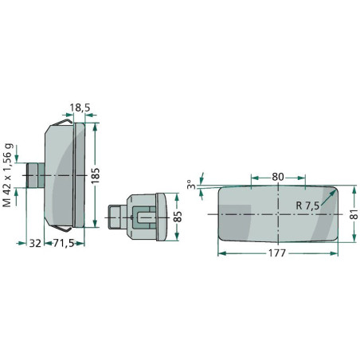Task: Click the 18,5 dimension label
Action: tap(80, 108)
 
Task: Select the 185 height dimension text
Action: tap(95, 175)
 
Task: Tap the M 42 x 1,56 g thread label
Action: tap(8, 175)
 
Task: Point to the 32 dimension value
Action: tap(35, 243)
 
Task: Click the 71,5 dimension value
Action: tap(64, 243)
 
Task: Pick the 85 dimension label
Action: tap(178, 217)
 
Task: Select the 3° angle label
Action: tap(191, 184)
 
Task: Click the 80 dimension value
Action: tap(278, 177)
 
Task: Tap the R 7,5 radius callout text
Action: tap(307, 205)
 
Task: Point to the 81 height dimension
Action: tap(354, 213)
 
